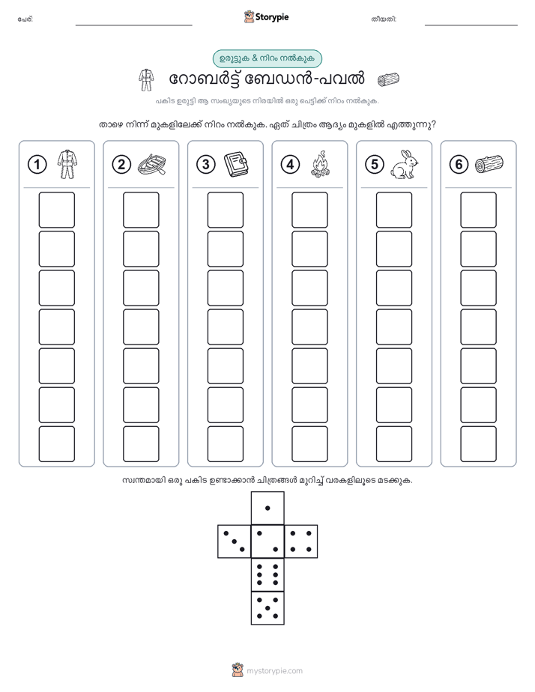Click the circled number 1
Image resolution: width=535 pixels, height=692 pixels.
tap(37, 165)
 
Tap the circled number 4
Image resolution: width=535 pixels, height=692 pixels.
tap(290, 165)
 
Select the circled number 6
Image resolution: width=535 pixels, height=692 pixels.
tap(459, 165)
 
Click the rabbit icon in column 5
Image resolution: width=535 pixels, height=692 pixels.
tap(404, 165)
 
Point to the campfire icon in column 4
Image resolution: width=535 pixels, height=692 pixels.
tap(320, 164)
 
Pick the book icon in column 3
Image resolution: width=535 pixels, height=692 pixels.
tap(236, 165)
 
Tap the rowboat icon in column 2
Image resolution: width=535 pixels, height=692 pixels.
tap(152, 165)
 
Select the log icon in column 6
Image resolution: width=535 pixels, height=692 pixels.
tap(489, 164)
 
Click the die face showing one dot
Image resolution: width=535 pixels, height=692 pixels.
tap(267, 508)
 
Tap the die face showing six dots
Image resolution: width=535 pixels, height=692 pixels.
tap(267, 574)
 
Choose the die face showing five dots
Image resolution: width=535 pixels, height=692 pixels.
tap(267, 608)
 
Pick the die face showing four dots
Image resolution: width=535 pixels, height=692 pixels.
tap(301, 541)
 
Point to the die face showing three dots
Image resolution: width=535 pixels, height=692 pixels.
tap(235, 541)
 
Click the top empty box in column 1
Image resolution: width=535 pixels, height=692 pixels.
tap(56, 210)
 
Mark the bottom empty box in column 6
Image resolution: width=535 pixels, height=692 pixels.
tap(478, 444)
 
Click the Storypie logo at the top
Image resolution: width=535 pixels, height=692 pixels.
tap(266, 17)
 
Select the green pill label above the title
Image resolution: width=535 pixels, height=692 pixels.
tap(267, 58)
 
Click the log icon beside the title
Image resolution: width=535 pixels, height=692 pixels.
tap(388, 79)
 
